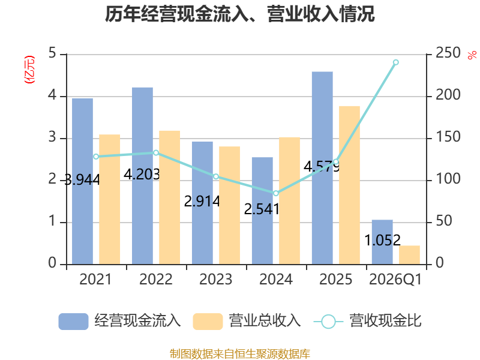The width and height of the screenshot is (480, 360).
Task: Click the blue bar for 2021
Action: pyautogui.click(x=82, y=181)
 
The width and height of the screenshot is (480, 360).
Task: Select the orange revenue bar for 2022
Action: pyautogui.click(x=170, y=197)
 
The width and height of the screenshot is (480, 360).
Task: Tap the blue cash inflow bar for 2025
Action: pyautogui.click(x=322, y=168)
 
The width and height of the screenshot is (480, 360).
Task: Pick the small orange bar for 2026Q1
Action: pyautogui.click(x=409, y=255)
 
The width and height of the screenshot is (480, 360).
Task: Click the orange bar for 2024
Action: pyautogui.click(x=290, y=201)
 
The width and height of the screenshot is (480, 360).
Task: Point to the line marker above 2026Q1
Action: pyautogui.click(x=395, y=62)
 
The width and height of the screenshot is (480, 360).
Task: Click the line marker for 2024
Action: pyautogui.click(x=276, y=193)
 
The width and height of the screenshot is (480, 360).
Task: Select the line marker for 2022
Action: pyautogui.click(x=156, y=153)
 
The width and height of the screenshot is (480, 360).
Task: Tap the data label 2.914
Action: pyautogui.click(x=202, y=202)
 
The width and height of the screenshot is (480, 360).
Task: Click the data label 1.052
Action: pyautogui.click(x=383, y=241)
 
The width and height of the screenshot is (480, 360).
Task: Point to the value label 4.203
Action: pyautogui.click(x=142, y=175)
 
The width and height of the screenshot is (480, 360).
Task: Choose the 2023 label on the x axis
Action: pyautogui.click(x=216, y=279)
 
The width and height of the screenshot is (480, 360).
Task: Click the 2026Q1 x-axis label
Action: pyautogui.click(x=395, y=279)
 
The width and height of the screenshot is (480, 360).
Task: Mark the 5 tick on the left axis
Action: pyautogui.click(x=52, y=53)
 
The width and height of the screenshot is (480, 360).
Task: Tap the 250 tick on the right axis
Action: pyautogui.click(x=448, y=53)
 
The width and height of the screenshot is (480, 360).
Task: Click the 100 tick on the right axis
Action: pyautogui.click(x=448, y=179)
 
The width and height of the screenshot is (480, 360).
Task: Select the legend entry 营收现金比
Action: pyautogui.click(x=368, y=321)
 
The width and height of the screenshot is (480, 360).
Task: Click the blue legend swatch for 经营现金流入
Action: pyautogui.click(x=73, y=322)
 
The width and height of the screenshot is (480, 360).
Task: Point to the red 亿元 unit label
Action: pyautogui.click(x=29, y=70)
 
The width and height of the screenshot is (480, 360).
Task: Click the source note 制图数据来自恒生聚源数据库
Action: pyautogui.click(x=240, y=354)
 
